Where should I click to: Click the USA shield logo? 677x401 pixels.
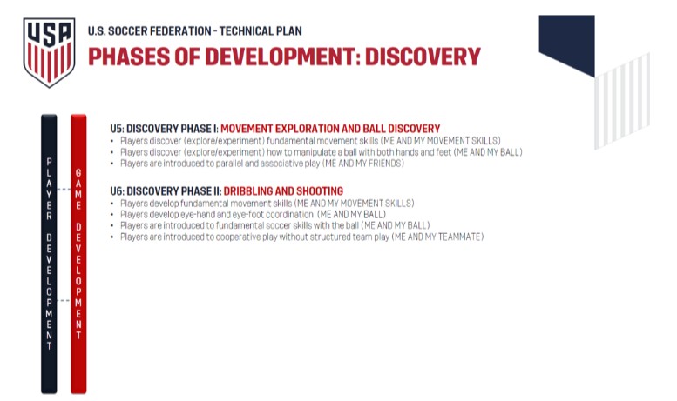49,52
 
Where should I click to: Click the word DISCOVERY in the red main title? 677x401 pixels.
423,57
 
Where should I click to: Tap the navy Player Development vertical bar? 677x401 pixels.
49,254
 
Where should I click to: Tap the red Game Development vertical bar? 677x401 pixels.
78,254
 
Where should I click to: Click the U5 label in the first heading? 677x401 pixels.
116,129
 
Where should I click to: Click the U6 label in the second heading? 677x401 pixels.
117,191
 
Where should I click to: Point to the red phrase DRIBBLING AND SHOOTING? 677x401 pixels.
283,191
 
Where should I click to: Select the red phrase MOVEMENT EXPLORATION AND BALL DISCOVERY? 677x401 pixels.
330,129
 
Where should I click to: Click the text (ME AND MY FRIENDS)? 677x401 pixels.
363,164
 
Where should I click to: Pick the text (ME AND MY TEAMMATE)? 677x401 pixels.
437,237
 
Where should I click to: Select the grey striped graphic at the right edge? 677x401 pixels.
622,101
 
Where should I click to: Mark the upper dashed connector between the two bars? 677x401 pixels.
64,190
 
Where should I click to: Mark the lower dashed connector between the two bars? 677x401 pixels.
64,301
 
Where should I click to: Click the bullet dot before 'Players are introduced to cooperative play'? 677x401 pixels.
112,237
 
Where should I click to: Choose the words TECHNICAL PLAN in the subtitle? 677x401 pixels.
261,31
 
